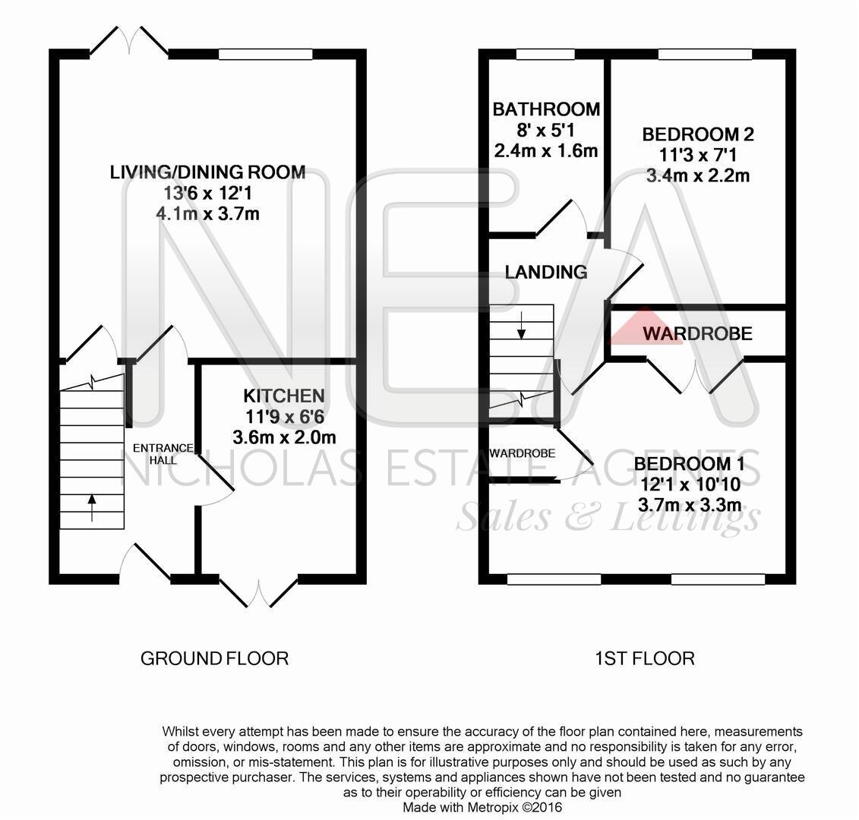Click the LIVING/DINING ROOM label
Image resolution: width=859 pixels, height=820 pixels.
(207, 172)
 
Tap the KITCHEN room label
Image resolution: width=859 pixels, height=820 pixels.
(283, 396)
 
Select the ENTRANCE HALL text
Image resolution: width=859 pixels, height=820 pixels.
(164, 454)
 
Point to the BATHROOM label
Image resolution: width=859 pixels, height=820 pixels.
(545, 109)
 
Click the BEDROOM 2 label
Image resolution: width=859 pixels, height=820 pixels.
(697, 135)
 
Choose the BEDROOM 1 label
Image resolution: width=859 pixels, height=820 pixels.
(688, 464)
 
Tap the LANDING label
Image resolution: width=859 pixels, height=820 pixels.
(545, 272)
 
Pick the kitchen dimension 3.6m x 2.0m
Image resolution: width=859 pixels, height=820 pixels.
(285, 437)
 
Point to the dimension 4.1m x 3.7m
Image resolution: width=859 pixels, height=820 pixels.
(207, 214)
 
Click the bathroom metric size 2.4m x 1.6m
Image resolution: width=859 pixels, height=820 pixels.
(545, 150)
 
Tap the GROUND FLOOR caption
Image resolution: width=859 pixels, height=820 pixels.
(214, 658)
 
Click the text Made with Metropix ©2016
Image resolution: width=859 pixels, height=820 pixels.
(482, 807)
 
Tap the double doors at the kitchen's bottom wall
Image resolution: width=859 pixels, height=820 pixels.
(258, 591)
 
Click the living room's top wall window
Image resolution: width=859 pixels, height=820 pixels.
(265, 54)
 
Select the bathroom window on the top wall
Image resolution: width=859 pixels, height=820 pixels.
(545, 54)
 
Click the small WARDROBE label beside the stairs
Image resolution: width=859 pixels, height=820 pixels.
(522, 453)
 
